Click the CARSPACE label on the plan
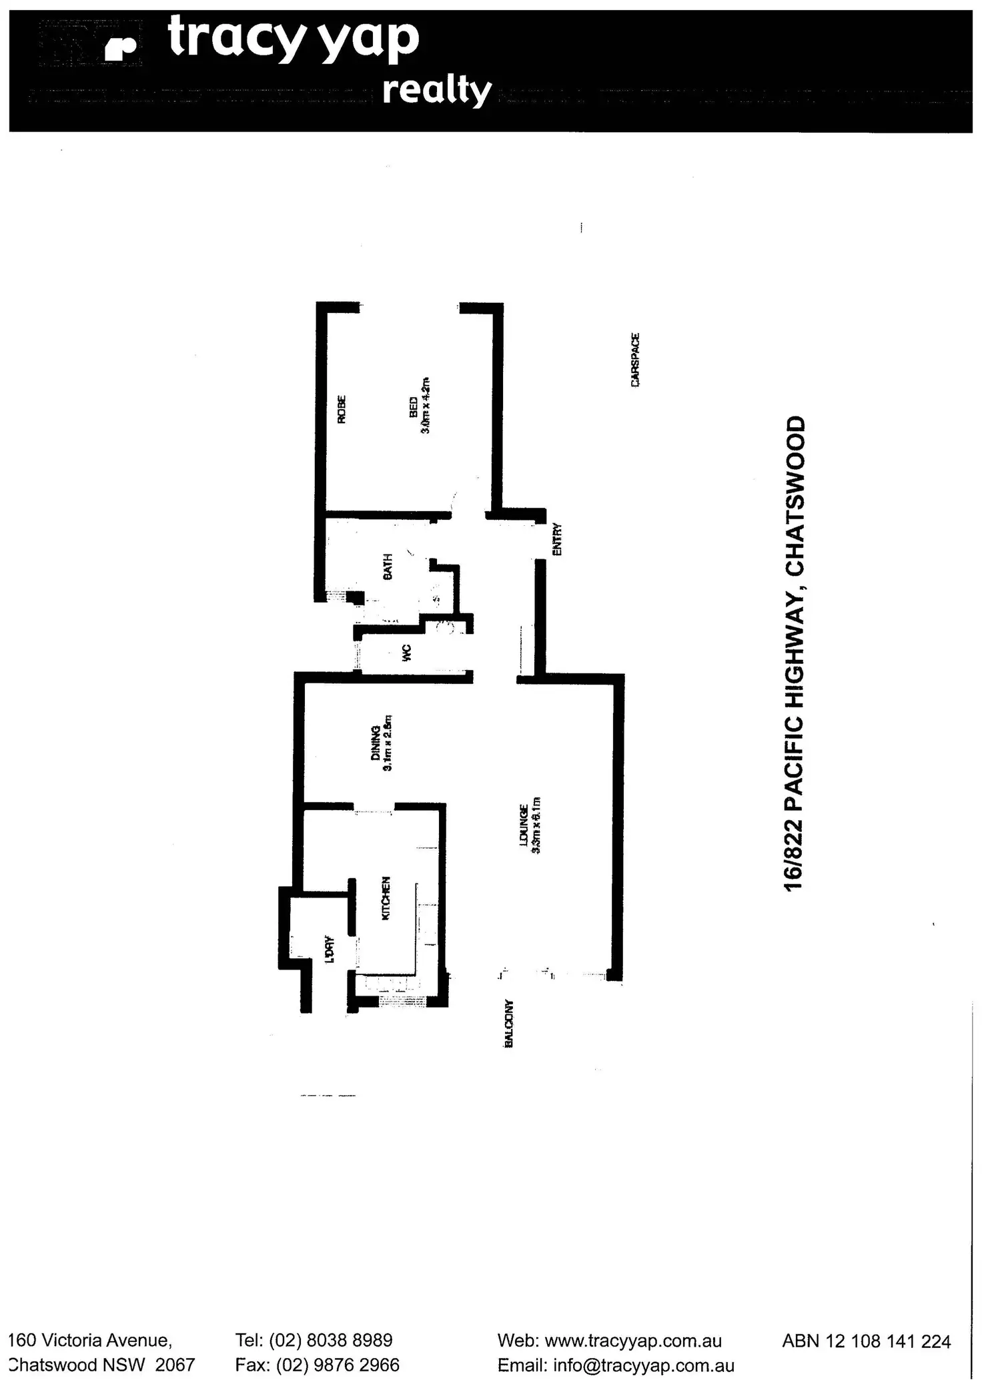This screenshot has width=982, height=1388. coord(634,360)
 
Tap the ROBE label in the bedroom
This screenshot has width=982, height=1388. coord(342,410)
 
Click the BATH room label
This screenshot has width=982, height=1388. coord(388,566)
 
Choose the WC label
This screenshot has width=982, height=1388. coord(407,653)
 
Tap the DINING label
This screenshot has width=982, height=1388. coord(376,742)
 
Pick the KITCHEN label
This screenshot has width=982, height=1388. coord(385,898)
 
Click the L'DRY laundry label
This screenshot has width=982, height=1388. coord(329,950)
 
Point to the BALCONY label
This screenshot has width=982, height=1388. coord(508,1023)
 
